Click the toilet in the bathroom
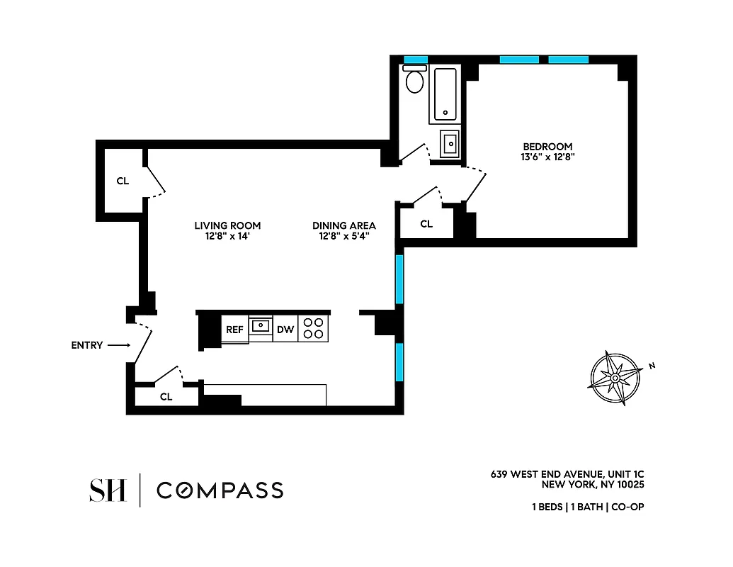tap(414, 81)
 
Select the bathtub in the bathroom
tap(445, 95)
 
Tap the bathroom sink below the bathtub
tap(449, 144)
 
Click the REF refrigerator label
tap(234, 330)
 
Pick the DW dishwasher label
tap(285, 330)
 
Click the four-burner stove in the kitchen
tap(313, 328)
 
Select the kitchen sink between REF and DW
tap(261, 326)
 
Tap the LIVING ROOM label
tap(222, 225)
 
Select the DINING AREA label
tap(344, 225)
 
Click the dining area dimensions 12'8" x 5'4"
tap(344, 236)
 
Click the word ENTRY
tap(87, 346)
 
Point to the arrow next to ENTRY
tap(120, 346)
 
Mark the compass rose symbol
tap(615, 378)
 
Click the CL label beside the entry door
tap(166, 397)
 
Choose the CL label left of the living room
tap(123, 181)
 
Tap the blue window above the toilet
tap(415, 60)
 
